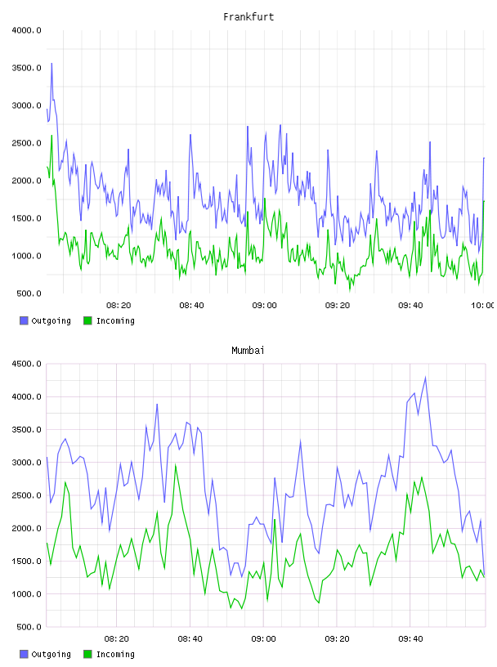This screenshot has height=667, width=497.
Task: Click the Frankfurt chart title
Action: [248, 17]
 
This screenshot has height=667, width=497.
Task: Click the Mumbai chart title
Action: [248, 351]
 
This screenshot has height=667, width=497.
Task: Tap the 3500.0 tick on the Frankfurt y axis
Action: [26, 68]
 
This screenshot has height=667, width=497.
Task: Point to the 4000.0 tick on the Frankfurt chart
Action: [26, 30]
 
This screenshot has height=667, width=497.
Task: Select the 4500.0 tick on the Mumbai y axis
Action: [26, 364]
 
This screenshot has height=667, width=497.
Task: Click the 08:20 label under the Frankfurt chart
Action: [119, 305]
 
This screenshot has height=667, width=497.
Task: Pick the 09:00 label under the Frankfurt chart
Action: [265, 305]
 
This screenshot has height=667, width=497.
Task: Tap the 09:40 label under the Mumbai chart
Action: [410, 638]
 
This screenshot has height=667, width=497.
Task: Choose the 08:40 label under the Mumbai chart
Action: [190, 638]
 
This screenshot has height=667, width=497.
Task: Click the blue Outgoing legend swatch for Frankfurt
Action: [24, 320]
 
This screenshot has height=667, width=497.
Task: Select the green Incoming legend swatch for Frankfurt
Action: [87, 320]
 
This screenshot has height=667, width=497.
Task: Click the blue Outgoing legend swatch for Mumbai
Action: [24, 654]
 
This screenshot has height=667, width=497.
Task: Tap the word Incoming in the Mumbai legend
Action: [115, 654]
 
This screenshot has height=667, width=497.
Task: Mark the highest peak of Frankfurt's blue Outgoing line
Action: [52, 64]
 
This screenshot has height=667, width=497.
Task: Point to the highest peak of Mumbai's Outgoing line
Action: [425, 377]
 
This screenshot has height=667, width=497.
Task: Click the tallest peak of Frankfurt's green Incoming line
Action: [52, 135]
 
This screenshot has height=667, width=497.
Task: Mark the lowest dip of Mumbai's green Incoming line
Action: [242, 609]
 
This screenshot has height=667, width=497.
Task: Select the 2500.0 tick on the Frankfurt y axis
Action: [26, 143]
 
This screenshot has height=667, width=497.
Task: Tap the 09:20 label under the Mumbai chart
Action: [338, 638]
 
